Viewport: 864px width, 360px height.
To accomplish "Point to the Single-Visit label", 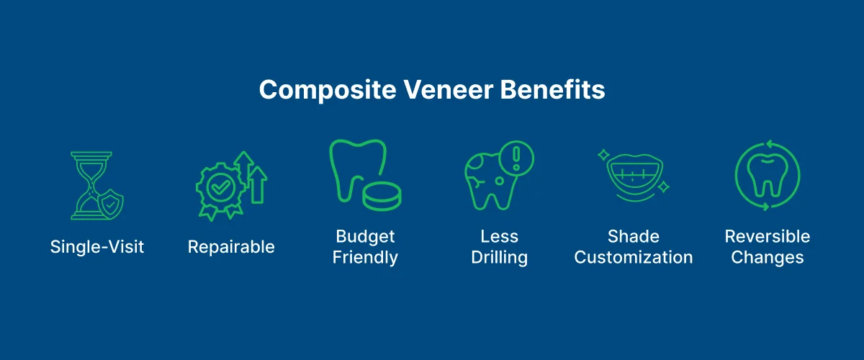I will [x=97, y=247].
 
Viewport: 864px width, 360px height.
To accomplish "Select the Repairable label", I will [x=231, y=247].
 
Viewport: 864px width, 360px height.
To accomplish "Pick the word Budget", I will [x=365, y=237].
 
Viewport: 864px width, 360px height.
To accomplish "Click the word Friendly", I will [x=365, y=257].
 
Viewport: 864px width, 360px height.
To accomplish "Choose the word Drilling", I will [x=500, y=257].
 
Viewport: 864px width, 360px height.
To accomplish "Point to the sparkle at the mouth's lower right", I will [x=664, y=187].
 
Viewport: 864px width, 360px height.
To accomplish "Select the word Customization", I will [x=634, y=257].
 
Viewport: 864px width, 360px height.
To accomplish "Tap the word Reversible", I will [x=768, y=237].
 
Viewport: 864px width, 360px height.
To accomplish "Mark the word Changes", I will [x=768, y=257].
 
